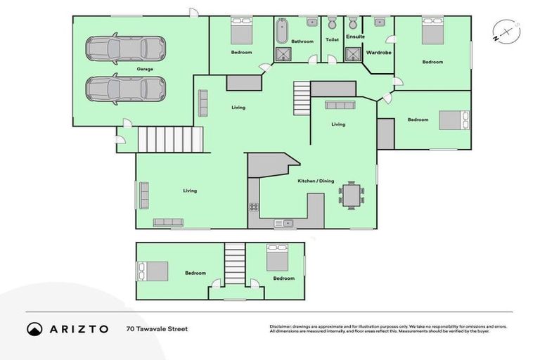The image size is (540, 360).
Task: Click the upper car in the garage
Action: coord(126,49)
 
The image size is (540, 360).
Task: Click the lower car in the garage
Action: coord(126,89)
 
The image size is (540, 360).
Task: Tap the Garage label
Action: coord(145,69)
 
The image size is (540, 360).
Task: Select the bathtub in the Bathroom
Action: coord(282,31)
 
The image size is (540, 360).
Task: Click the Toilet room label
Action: coord(332,40)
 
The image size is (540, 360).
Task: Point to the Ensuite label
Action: coord(355,37)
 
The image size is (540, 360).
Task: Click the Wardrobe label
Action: coord(378,52)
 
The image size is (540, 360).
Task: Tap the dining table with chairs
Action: coord(351,195)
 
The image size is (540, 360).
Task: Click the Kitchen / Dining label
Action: coord(316,181)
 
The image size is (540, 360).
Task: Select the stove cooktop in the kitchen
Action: coord(253,208)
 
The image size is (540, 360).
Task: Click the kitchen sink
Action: coord(288,224)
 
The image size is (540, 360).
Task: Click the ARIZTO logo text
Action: coord(77,328)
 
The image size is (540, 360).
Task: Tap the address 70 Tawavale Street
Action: coord(157,328)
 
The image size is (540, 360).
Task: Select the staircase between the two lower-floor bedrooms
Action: coord(234,264)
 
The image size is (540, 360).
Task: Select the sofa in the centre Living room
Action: coord(340,105)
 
